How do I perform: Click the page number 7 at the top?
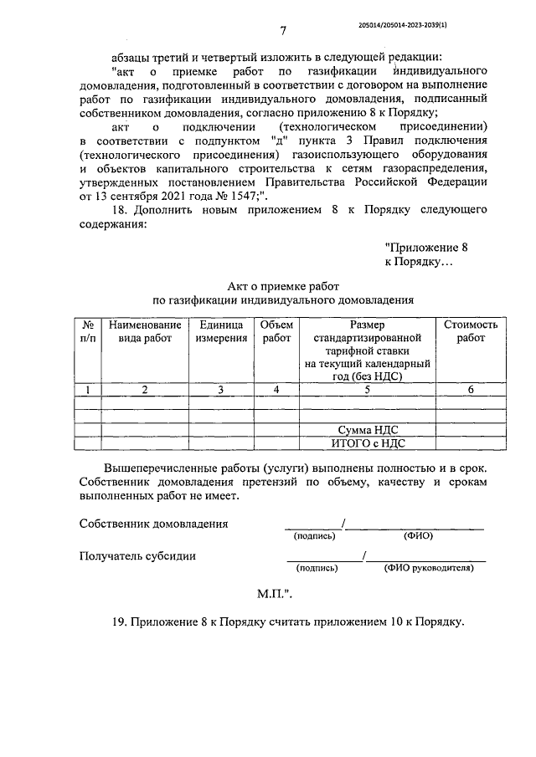click(283, 32)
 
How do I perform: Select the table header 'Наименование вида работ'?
click(144, 331)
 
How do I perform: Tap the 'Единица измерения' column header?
click(221, 331)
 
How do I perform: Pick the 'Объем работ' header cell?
click(276, 331)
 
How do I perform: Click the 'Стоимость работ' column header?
click(470, 331)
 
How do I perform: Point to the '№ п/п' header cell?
click(87, 331)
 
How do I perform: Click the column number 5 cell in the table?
click(366, 389)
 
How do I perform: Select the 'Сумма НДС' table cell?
click(366, 429)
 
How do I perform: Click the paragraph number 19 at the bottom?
click(117, 622)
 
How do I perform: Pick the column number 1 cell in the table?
click(87, 389)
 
